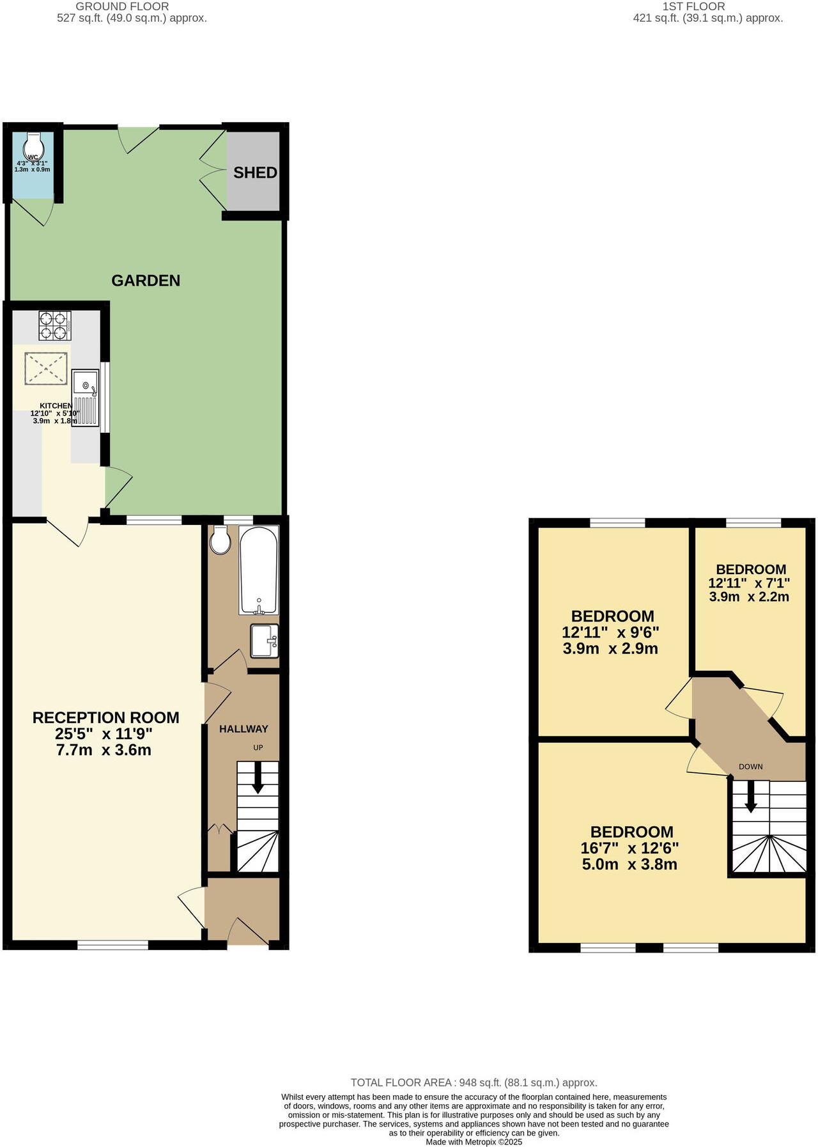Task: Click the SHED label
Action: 255,173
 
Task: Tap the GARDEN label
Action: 146,280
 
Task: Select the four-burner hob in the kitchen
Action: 55,325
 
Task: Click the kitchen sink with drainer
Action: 85,398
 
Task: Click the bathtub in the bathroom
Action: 258,570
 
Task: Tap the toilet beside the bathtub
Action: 220,541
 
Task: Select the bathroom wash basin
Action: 264,641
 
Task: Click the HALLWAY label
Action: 243,729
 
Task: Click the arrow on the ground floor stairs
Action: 258,778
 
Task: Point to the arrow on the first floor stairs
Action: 751,798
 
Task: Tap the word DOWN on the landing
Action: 750,767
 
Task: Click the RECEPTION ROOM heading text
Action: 106,717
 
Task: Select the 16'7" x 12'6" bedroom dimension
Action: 629,848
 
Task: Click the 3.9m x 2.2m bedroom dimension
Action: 749,597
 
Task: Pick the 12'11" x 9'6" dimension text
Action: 610,632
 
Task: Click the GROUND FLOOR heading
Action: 122,6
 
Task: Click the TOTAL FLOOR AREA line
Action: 474,1082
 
